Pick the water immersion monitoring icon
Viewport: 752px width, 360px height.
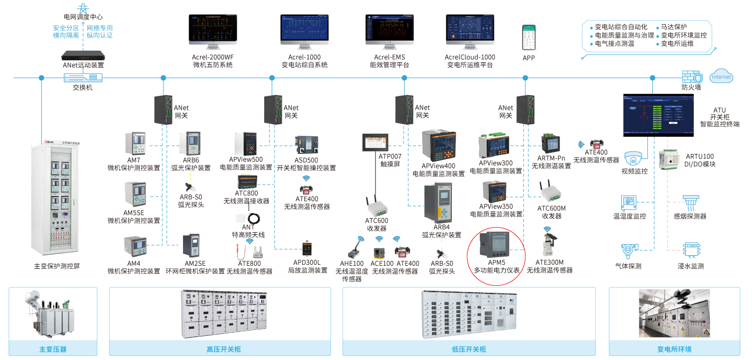click(690, 249)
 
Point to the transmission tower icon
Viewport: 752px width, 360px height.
click(84, 8)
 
